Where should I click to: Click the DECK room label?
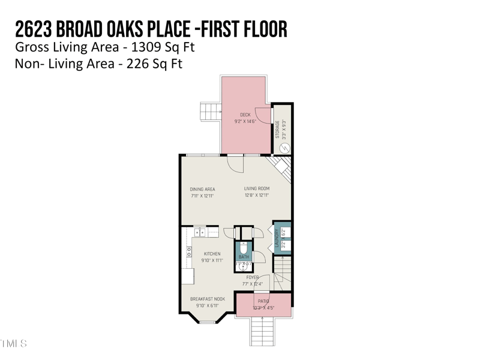pos(245,115)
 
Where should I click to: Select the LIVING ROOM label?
pos(257,189)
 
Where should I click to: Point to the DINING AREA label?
pos(202,189)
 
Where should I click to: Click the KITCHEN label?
pos(212,254)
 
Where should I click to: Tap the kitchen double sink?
pos(200,232)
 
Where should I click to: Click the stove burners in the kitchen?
pos(188,251)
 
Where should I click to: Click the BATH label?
pos(244,257)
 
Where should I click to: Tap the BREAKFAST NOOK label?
pos(208,299)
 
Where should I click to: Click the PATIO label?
pos(263,301)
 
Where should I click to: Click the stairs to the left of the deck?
pos(210,111)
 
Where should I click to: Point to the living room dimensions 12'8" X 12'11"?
pos(257,196)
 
